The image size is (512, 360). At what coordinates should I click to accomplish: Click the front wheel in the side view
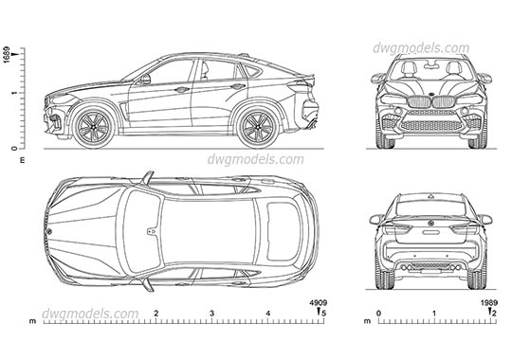point(94,126)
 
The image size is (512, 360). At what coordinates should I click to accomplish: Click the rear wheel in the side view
point(256,126)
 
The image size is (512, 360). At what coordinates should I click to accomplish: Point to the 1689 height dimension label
point(8,54)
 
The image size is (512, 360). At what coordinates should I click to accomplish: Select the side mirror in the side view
point(144,80)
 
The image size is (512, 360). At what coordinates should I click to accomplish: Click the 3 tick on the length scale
point(211,312)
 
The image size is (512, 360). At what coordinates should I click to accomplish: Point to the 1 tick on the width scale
point(433,312)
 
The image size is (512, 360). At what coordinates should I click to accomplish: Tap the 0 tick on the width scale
point(378,312)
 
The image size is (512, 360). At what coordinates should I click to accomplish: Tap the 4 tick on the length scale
point(267,312)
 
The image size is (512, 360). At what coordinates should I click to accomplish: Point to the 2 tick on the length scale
point(155,312)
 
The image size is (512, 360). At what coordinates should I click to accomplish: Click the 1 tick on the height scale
point(13,93)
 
